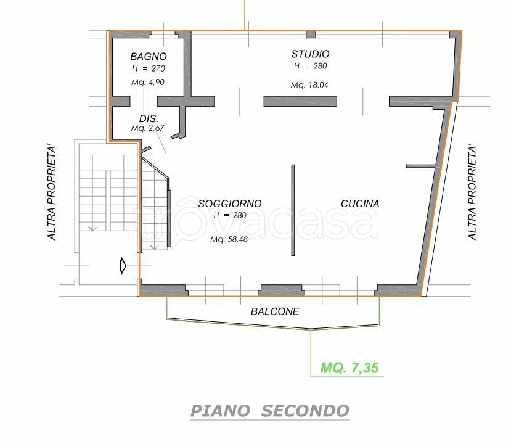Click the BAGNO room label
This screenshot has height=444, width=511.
pyautogui.click(x=149, y=56)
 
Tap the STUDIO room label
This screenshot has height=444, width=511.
pyautogui.click(x=310, y=54)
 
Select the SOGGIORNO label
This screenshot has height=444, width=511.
pyautogui.click(x=230, y=203)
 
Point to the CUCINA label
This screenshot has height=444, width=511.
pyautogui.click(x=360, y=203)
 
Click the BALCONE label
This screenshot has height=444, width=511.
pyautogui.click(x=275, y=311)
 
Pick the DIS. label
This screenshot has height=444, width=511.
pyautogui.click(x=149, y=118)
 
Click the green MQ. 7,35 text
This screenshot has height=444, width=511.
pyautogui.click(x=350, y=368)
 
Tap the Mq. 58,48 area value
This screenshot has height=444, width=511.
pyautogui.click(x=229, y=239)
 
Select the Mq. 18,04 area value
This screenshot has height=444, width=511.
pyautogui.click(x=309, y=85)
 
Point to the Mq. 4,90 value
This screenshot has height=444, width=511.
pyautogui.click(x=148, y=82)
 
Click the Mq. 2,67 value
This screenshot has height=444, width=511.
pyautogui.click(x=148, y=128)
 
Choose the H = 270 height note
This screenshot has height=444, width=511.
pyautogui.click(x=149, y=68)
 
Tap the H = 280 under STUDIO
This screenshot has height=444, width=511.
pyautogui.click(x=310, y=66)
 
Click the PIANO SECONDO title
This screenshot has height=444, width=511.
pyautogui.click(x=270, y=411)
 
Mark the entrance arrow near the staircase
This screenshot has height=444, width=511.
pyautogui.click(x=123, y=266)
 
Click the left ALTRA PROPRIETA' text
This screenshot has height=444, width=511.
pyautogui.click(x=52, y=192)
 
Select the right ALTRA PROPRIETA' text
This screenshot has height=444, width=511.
pyautogui.click(x=472, y=192)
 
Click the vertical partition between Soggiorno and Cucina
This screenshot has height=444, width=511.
pyautogui.click(x=293, y=210)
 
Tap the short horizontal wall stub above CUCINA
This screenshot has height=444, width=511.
pyautogui.click(x=421, y=166)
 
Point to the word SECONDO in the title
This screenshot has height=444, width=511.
pyautogui.click(x=305, y=411)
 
